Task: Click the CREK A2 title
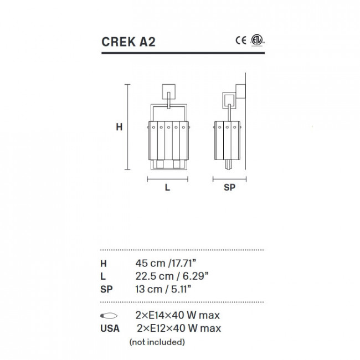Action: click(x=125, y=43)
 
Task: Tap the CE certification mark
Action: click(x=240, y=40)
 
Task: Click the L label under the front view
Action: click(x=167, y=188)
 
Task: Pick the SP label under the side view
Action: click(x=229, y=188)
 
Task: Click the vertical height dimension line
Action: click(x=128, y=127)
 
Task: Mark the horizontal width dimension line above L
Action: click(x=167, y=178)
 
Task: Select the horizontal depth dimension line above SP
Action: click(x=229, y=178)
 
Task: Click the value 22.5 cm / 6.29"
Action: click(x=172, y=276)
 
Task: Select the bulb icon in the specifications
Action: click(x=109, y=316)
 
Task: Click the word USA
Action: click(x=109, y=328)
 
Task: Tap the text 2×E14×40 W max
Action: click(x=178, y=316)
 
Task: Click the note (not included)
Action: click(x=157, y=342)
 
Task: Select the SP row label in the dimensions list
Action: click(x=106, y=289)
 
